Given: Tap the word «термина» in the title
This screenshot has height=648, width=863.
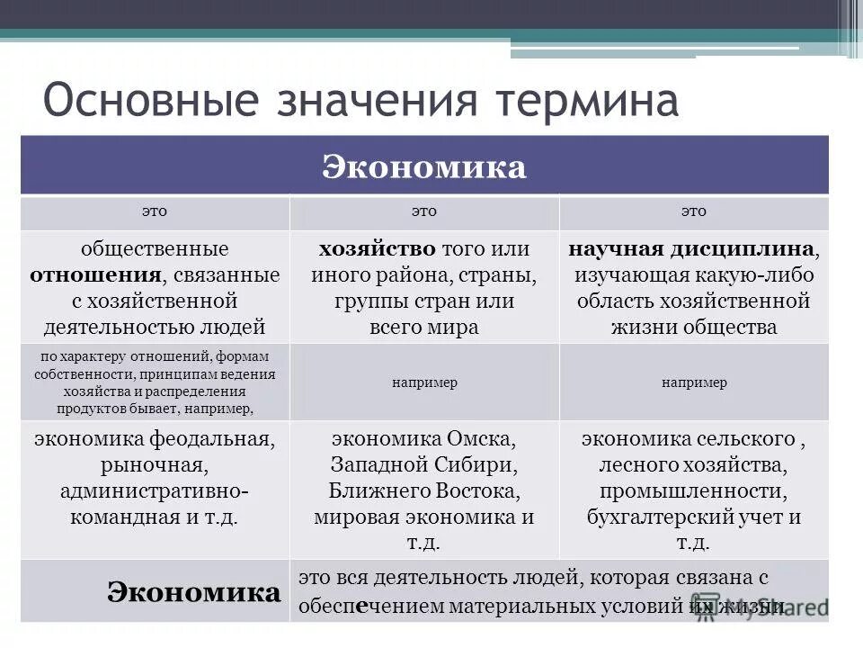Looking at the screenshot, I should point(584,101).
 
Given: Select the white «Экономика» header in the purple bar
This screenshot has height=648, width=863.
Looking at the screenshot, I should point(424,166).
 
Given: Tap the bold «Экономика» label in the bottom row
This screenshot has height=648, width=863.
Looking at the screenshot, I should point(193,591).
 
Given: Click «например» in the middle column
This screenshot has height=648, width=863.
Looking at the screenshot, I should point(424,382).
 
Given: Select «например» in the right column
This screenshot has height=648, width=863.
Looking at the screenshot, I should point(693,382).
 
